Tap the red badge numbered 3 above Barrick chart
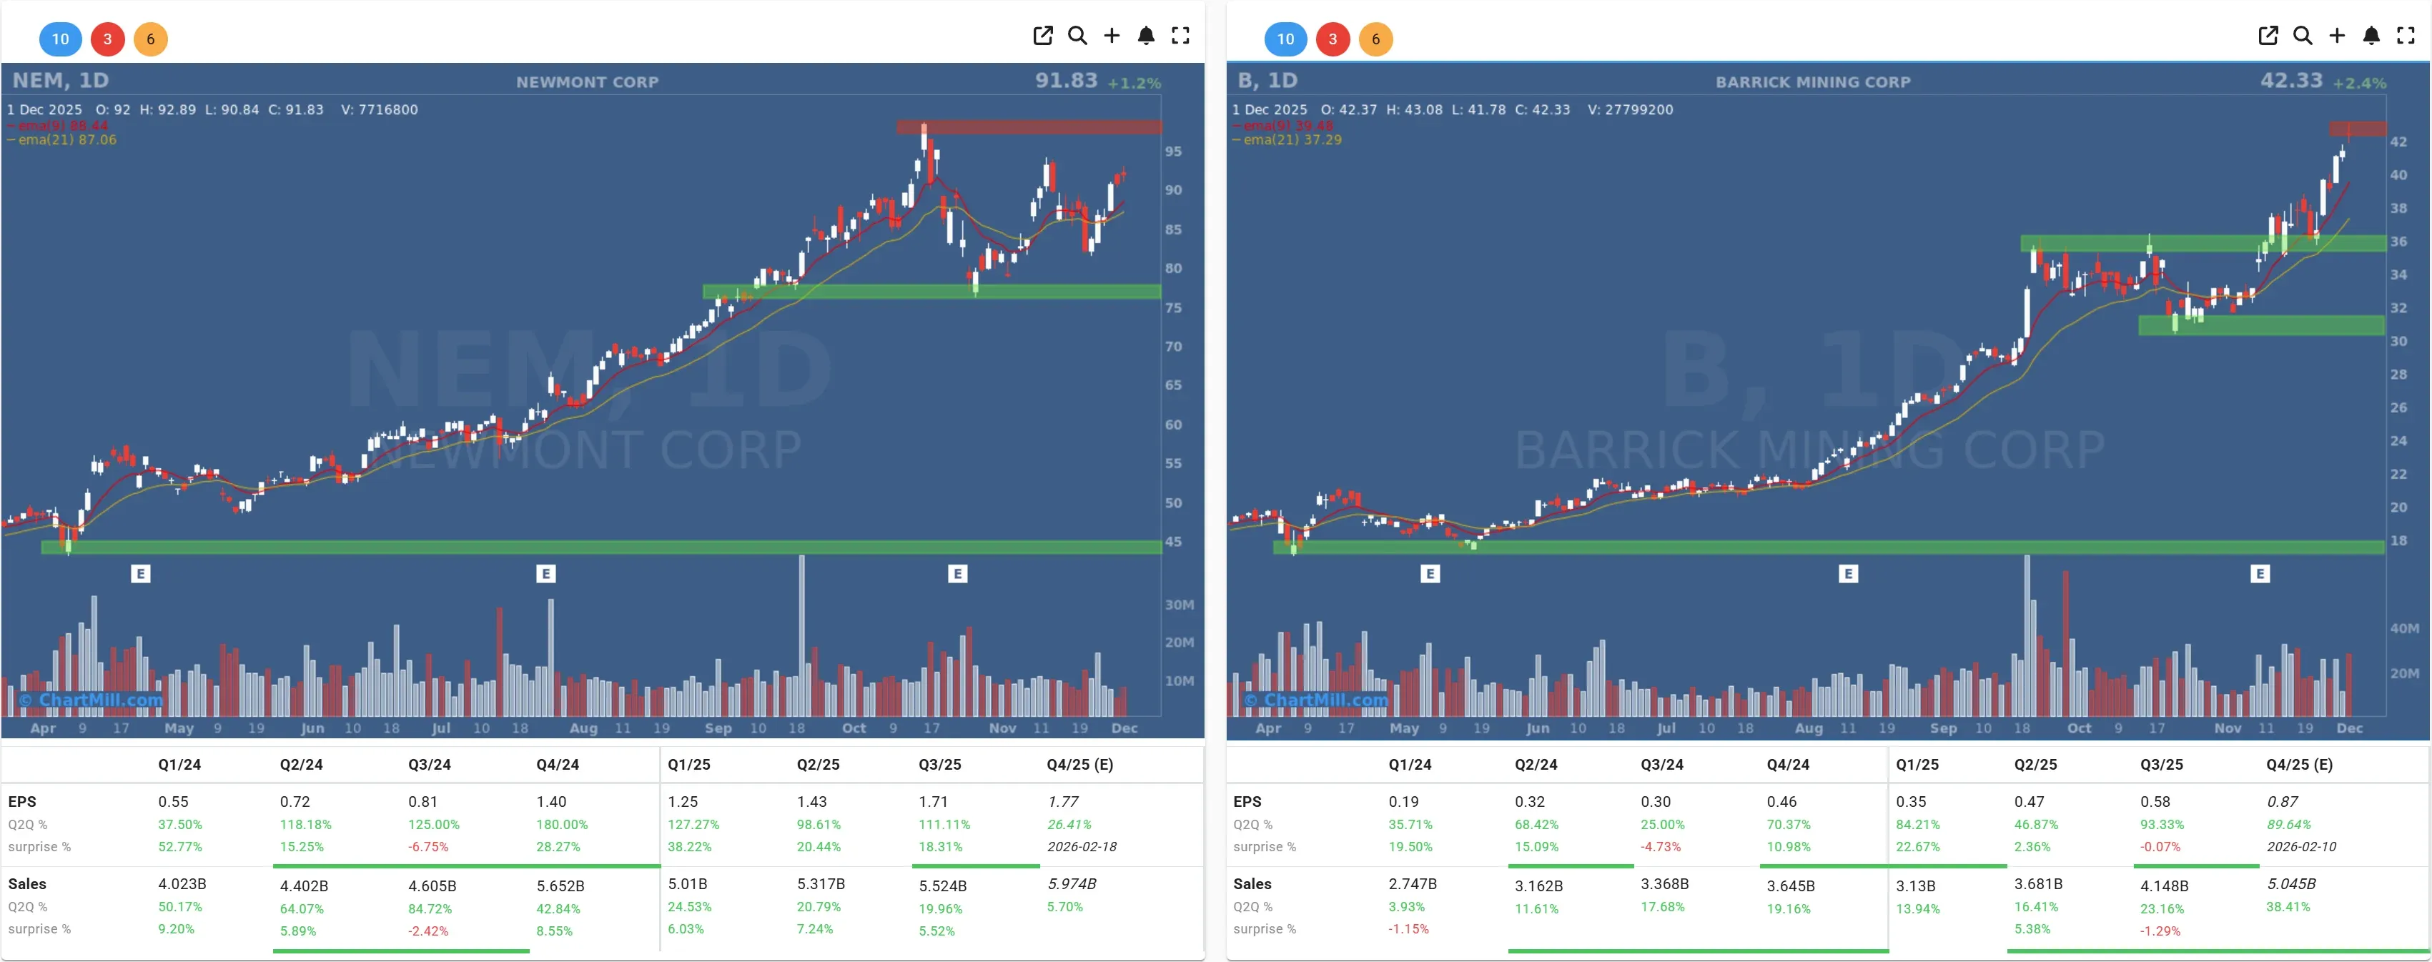[x=1332, y=39]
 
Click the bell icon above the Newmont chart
[x=1145, y=36]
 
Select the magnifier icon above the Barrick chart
[x=2303, y=36]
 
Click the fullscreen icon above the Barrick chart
[x=2406, y=36]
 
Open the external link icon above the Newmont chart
[x=1042, y=36]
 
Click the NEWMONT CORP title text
[x=586, y=82]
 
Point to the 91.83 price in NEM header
[x=1066, y=80]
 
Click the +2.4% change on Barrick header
[x=2359, y=83]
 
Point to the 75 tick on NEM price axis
[x=1172, y=308]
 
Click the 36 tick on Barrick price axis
[x=2398, y=242]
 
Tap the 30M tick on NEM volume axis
[x=1178, y=604]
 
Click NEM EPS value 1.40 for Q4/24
[x=551, y=801]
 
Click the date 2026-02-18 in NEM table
[x=1081, y=847]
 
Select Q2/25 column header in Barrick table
[x=2035, y=765]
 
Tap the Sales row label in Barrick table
[x=1252, y=883]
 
